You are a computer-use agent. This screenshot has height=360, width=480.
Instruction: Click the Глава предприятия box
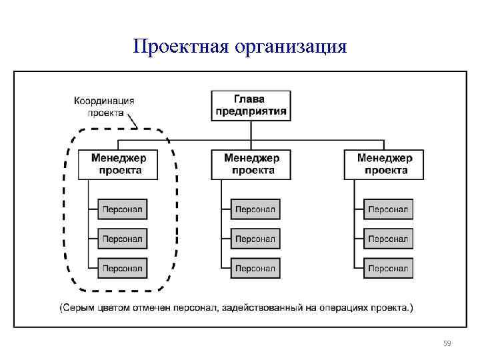pyautogui.click(x=251, y=105)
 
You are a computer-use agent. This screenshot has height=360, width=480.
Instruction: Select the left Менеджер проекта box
pyautogui.click(x=120, y=164)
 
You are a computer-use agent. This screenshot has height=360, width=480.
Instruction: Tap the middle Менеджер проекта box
pyautogui.click(x=251, y=164)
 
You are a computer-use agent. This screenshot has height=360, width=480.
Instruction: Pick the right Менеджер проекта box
pyautogui.click(x=385, y=164)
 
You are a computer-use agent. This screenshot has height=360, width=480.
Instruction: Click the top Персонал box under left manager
pyautogui.click(x=122, y=210)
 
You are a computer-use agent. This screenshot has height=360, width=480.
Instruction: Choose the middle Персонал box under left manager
pyautogui.click(x=122, y=239)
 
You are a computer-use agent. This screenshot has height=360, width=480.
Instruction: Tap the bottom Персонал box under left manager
pyautogui.click(x=122, y=268)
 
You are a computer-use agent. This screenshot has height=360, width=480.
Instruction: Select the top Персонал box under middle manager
pyautogui.click(x=255, y=210)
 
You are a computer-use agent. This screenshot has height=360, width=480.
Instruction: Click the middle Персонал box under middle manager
pyautogui.click(x=255, y=239)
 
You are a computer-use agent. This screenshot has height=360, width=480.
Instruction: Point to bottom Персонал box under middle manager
pyautogui.click(x=255, y=268)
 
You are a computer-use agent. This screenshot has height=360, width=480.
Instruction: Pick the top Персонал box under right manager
pyautogui.click(x=388, y=210)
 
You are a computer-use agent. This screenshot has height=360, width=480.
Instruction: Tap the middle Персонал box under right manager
pyautogui.click(x=388, y=239)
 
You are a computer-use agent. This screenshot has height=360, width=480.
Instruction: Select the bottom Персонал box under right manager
pyautogui.click(x=388, y=268)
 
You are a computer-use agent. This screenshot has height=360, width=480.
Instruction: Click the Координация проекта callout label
pyautogui.click(x=104, y=107)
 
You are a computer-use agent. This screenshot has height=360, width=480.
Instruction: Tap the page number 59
pyautogui.click(x=447, y=344)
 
